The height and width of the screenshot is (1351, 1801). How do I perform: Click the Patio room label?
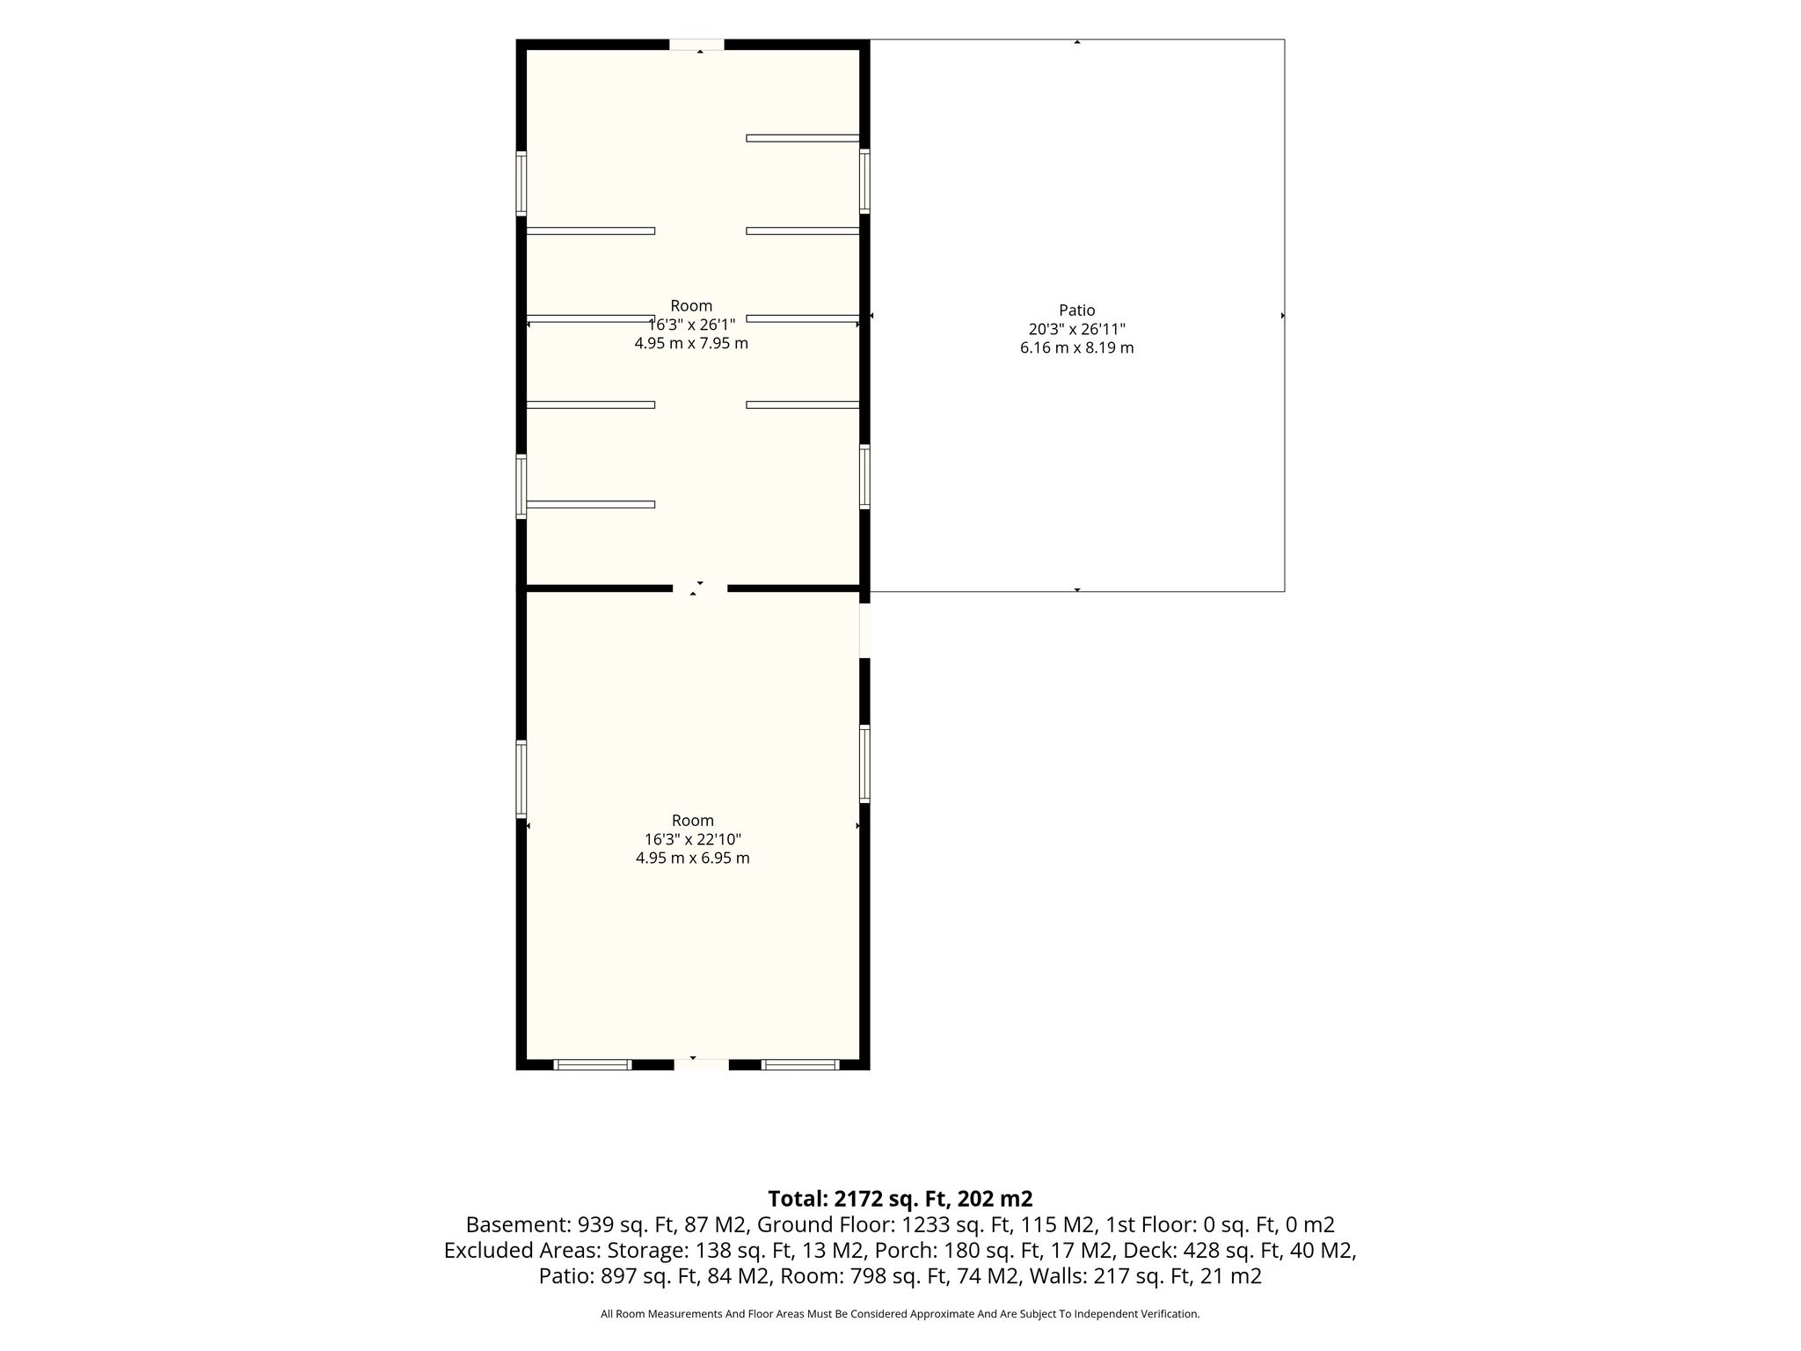[1076, 310]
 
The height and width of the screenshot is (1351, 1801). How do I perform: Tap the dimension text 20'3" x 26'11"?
[1076, 329]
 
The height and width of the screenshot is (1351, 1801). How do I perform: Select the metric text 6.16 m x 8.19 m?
[1076, 348]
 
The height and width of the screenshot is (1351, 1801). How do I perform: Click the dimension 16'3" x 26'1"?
[691, 325]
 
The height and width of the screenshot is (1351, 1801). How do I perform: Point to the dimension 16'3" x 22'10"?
[693, 839]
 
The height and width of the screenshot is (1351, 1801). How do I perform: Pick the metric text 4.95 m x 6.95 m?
[693, 858]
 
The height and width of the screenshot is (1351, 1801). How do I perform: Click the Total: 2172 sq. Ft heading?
[900, 1199]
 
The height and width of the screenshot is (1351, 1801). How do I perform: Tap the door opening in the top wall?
[696, 45]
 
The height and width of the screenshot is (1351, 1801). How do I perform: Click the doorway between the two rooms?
[700, 588]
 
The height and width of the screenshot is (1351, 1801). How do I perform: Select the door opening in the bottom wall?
[701, 1064]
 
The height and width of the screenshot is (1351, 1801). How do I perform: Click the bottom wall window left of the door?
[593, 1064]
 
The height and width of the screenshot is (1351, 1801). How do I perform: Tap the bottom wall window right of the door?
[800, 1064]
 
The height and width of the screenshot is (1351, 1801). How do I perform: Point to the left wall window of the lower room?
[521, 779]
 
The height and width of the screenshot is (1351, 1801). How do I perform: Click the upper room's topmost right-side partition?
[802, 138]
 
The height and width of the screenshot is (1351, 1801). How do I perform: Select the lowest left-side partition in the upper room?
[591, 505]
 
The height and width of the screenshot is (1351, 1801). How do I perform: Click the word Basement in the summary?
[517, 1225]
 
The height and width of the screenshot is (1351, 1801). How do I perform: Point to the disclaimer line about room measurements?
[900, 1314]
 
